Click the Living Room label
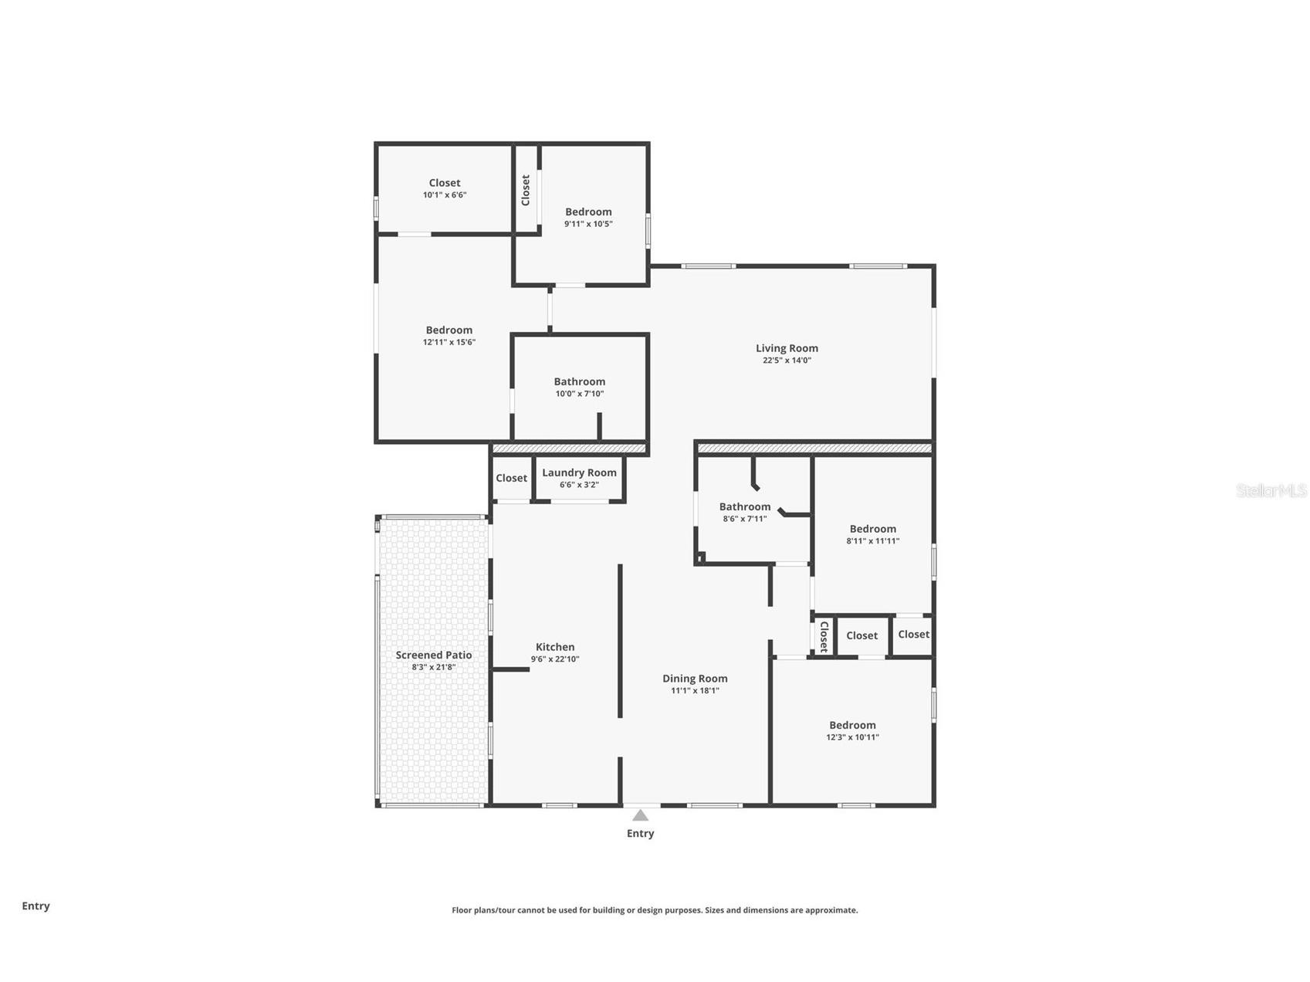click(x=786, y=348)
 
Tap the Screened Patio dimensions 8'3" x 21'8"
click(x=433, y=667)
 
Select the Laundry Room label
click(x=579, y=472)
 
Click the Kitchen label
click(x=554, y=647)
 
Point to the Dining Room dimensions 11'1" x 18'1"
click(x=695, y=691)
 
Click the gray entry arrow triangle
click(x=640, y=815)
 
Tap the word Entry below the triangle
click(x=640, y=833)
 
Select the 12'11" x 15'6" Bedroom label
click(x=449, y=330)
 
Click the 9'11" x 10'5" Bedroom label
click(x=588, y=212)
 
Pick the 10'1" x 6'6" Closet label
click(x=445, y=184)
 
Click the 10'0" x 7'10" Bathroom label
click(x=579, y=382)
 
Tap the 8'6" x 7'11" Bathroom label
click(x=744, y=507)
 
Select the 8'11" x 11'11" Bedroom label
click(x=872, y=530)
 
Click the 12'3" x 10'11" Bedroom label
click(x=852, y=726)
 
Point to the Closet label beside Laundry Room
click(x=511, y=479)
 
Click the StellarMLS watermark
click(x=1271, y=490)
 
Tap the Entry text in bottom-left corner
click(x=36, y=906)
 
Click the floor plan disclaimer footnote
click(x=655, y=910)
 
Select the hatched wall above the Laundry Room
click(x=569, y=449)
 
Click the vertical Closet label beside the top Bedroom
click(x=526, y=190)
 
